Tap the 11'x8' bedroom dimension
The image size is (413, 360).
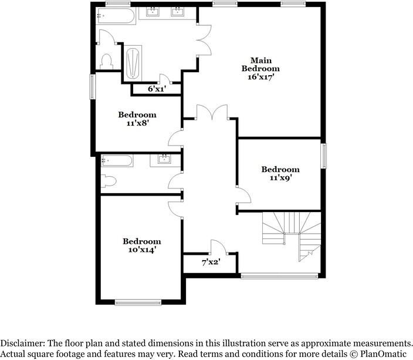(137, 123)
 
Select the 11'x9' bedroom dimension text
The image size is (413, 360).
(280, 177)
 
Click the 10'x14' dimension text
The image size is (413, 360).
(141, 250)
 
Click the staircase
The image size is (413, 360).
(292, 235)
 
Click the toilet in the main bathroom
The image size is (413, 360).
(106, 60)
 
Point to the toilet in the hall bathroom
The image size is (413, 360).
(107, 182)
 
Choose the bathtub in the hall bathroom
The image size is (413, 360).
(117, 160)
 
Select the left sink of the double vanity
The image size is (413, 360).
(154, 12)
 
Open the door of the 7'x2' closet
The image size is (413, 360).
(216, 247)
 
